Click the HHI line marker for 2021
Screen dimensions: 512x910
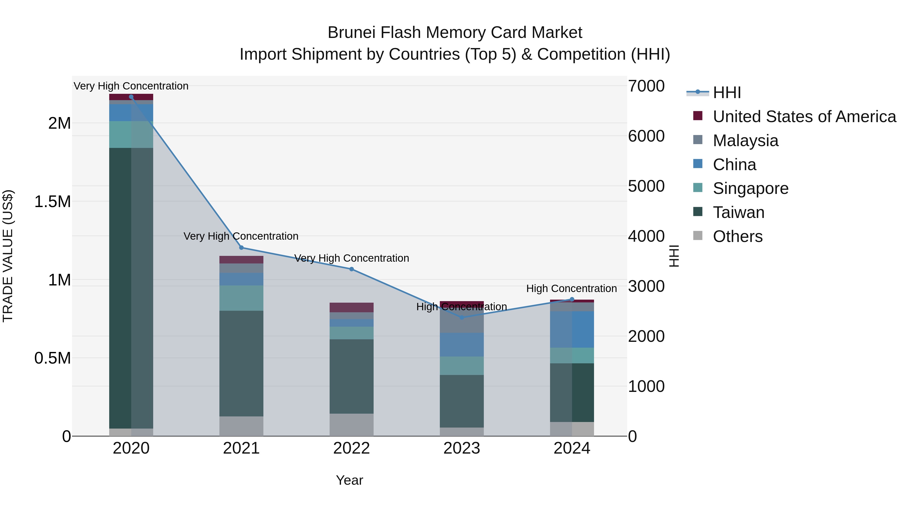click(241, 248)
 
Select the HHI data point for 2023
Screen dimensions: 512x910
click(462, 317)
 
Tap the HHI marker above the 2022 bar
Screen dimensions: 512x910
click(352, 269)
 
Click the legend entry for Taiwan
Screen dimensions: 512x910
click(738, 212)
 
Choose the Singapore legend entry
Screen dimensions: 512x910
click(750, 188)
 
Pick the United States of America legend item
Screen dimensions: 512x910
click(804, 117)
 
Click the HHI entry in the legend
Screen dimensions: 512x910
click(727, 93)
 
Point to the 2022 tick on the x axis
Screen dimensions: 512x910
click(352, 448)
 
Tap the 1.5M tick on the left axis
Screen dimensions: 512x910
click(53, 202)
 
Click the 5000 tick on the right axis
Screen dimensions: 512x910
click(646, 186)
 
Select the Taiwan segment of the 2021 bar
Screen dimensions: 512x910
click(241, 363)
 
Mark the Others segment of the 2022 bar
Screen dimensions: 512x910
click(352, 425)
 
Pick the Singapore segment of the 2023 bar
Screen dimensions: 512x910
click(462, 366)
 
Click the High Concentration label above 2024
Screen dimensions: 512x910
click(571, 289)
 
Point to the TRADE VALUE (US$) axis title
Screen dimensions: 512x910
click(8, 256)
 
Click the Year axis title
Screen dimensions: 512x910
click(349, 480)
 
